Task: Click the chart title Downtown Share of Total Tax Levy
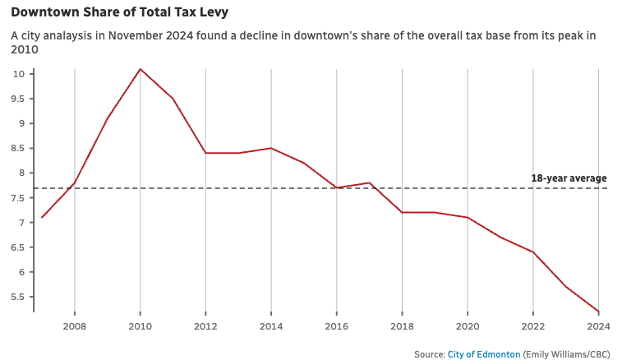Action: pos(120,12)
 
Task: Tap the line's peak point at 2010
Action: pos(140,69)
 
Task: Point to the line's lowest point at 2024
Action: pos(598,312)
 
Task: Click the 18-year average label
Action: pos(569,178)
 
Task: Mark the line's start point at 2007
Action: pos(42,218)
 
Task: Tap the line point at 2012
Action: pos(205,153)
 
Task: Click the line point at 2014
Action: pos(271,148)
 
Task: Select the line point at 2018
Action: pos(402,212)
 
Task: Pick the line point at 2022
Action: pos(532,252)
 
